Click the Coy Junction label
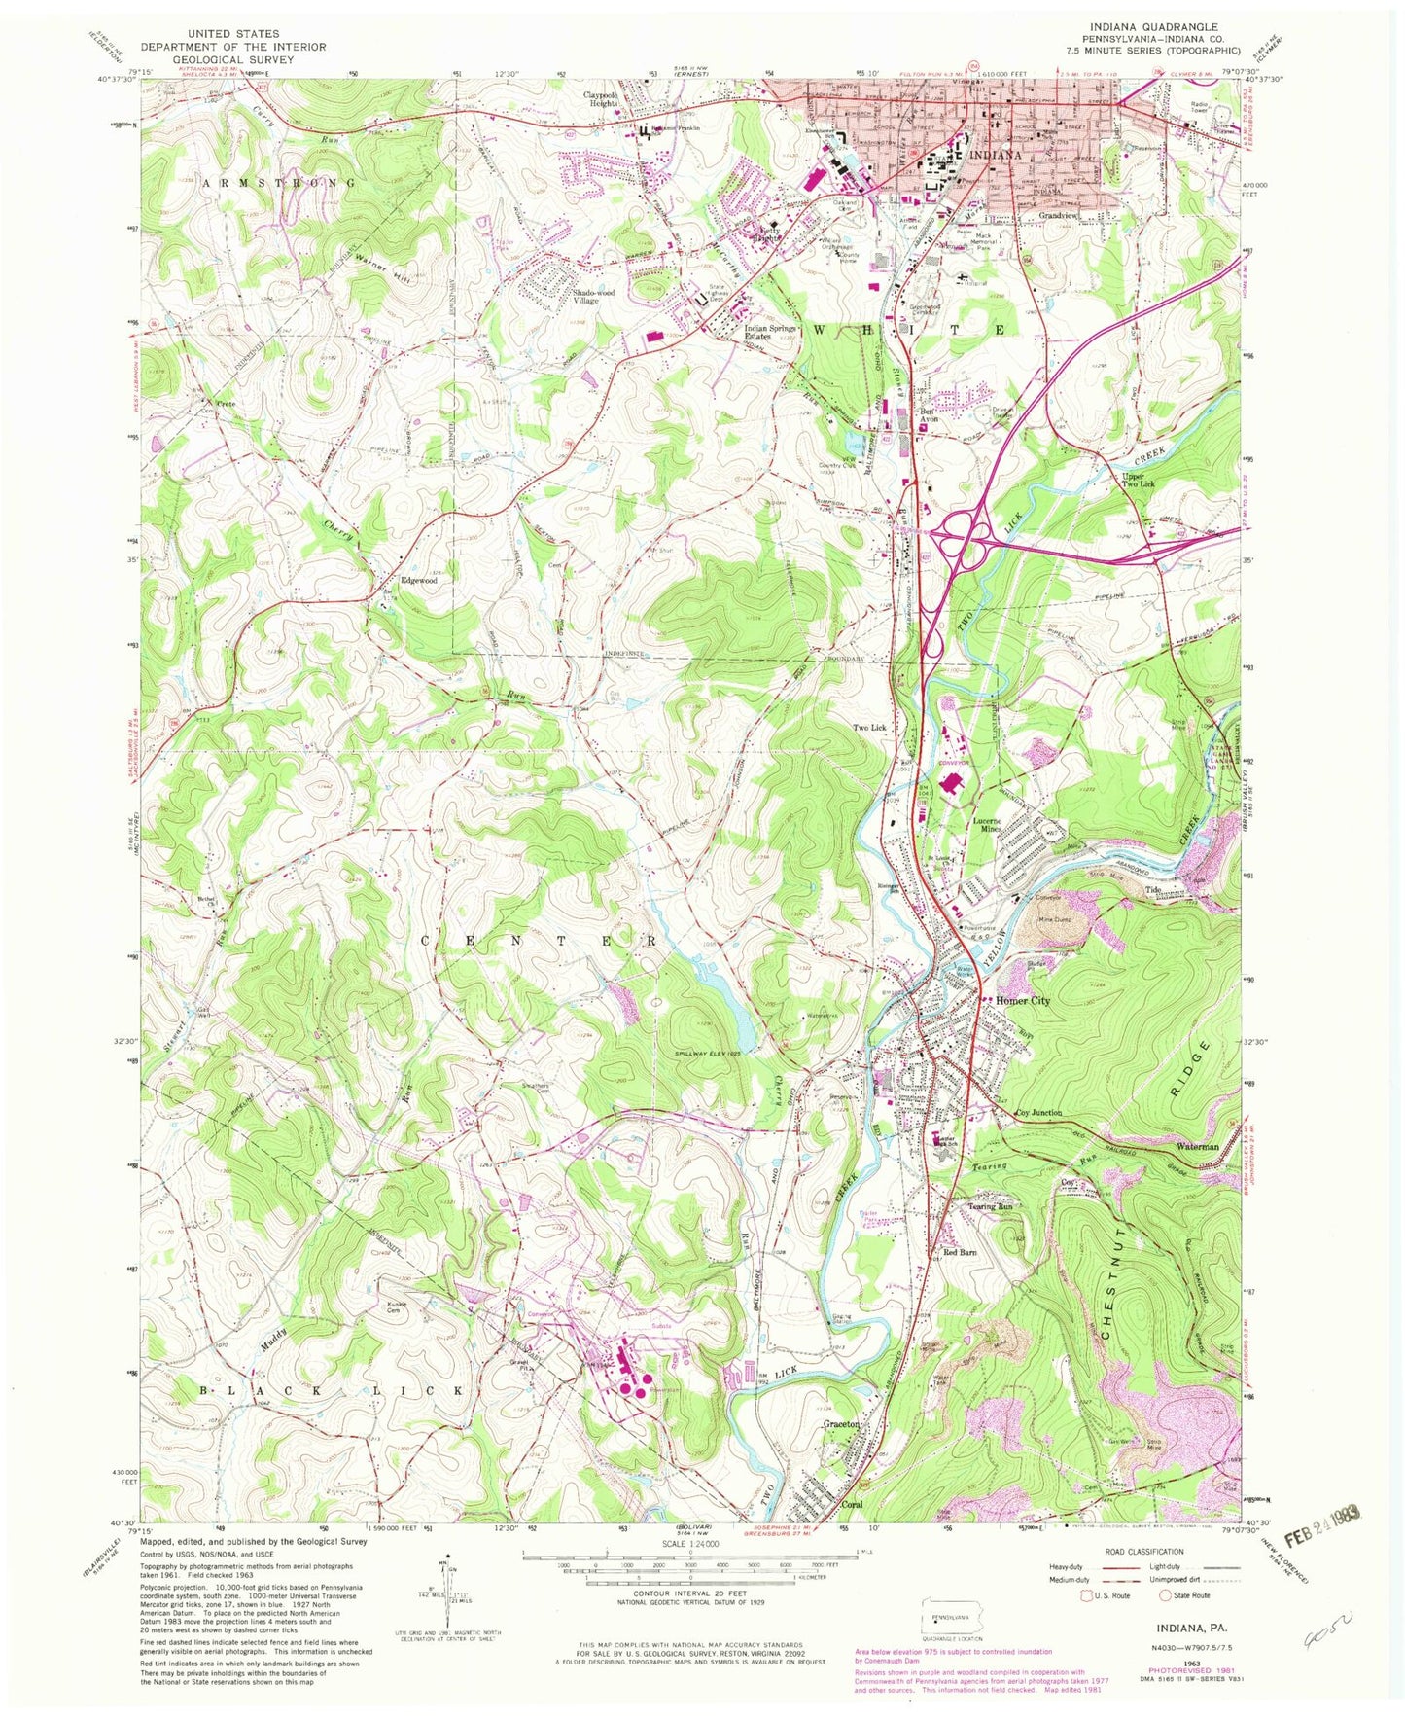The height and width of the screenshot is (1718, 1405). pos(1038,1112)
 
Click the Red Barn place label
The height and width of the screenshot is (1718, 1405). pos(959,1253)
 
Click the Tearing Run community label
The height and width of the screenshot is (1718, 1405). pos(991,1206)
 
